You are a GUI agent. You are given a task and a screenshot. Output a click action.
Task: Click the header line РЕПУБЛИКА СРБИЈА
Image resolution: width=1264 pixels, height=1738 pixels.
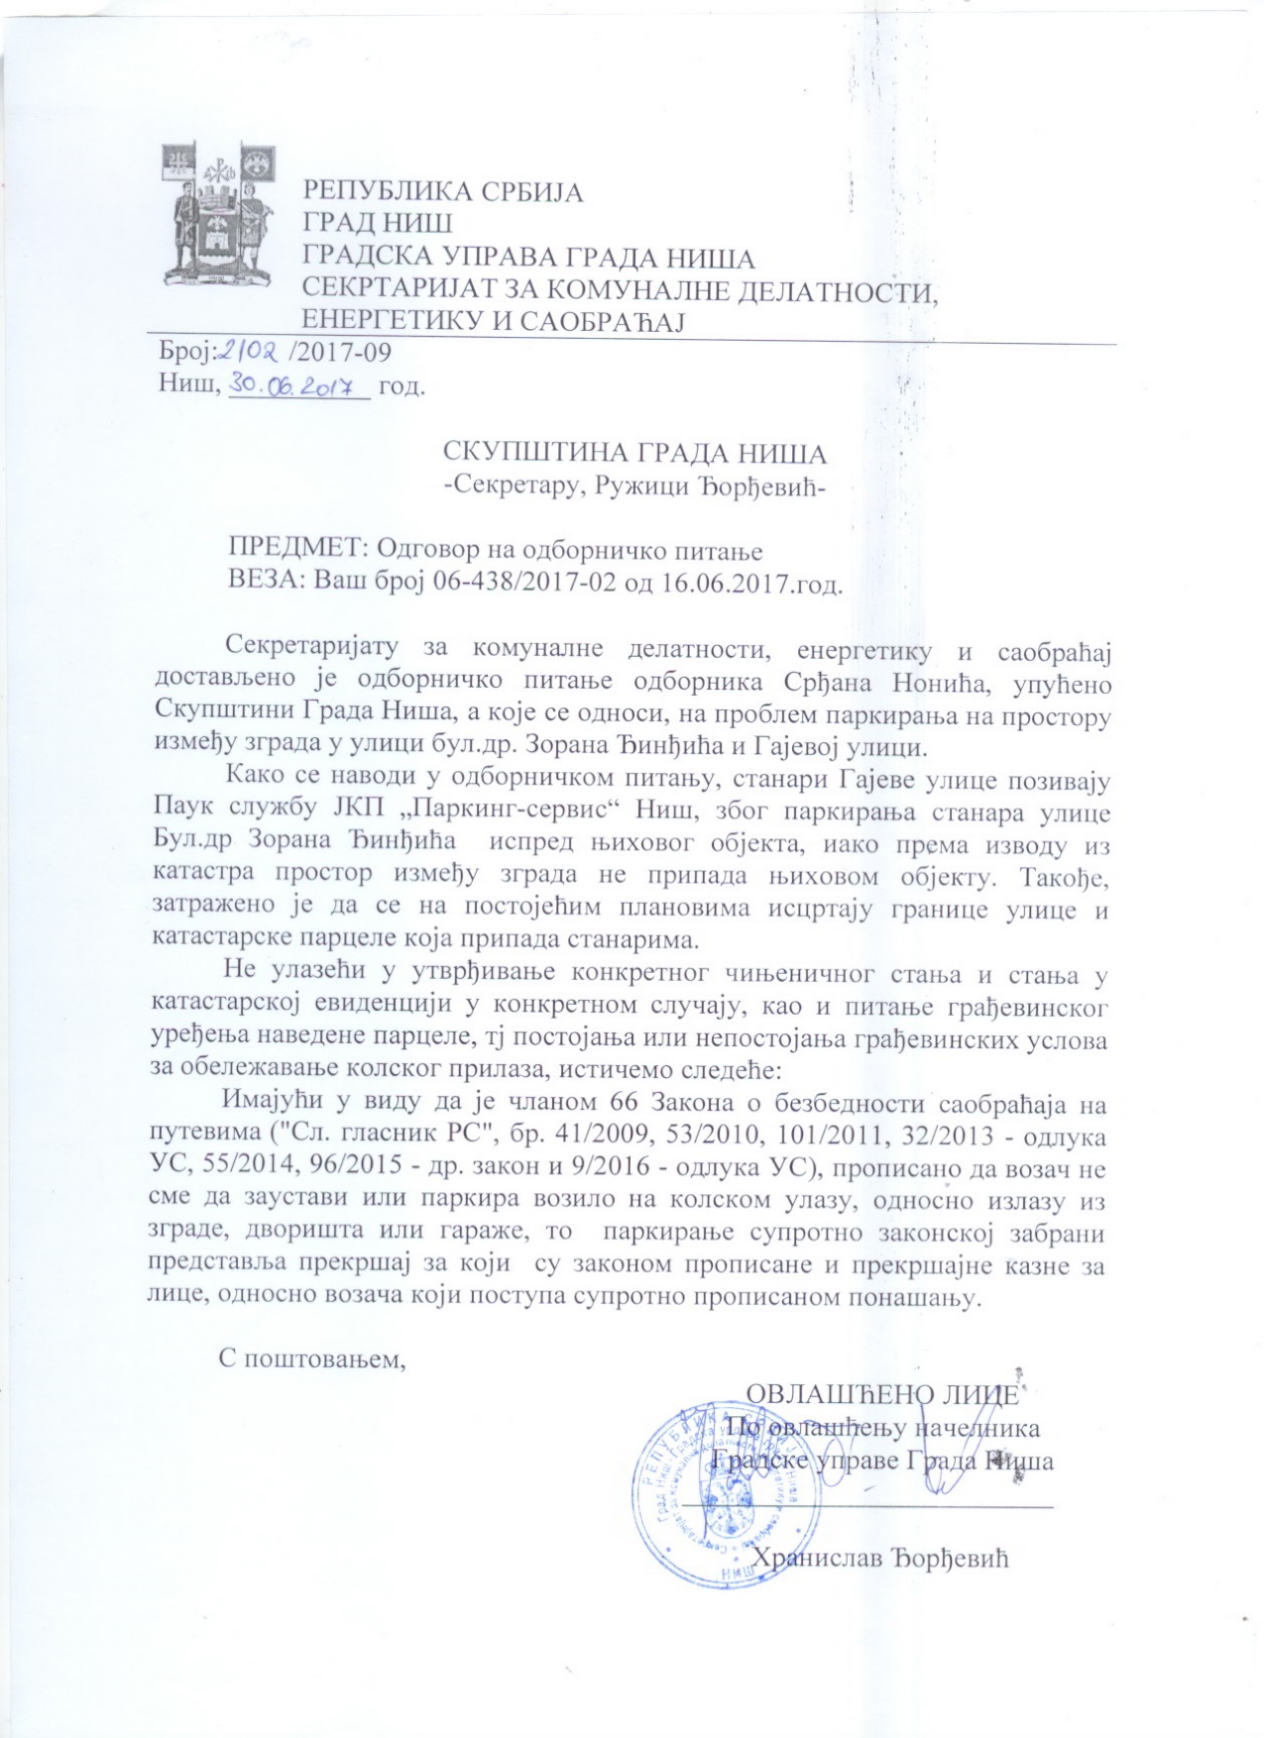click(x=443, y=191)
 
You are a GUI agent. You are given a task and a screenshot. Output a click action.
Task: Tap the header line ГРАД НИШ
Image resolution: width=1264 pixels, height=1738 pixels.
click(x=377, y=224)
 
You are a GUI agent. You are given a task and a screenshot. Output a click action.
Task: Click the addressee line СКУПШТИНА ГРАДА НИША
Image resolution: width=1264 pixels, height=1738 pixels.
click(x=634, y=454)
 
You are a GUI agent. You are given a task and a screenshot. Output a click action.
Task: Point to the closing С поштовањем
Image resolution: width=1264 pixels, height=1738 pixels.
click(x=313, y=1358)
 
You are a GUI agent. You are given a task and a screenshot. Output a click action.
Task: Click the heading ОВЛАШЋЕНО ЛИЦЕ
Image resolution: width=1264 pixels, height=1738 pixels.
click(x=881, y=1393)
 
